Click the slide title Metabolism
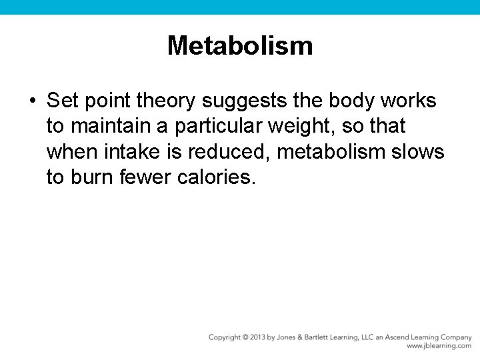(x=240, y=46)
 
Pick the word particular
(x=218, y=127)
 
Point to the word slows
(x=418, y=152)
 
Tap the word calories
(x=217, y=177)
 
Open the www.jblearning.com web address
(x=439, y=346)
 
